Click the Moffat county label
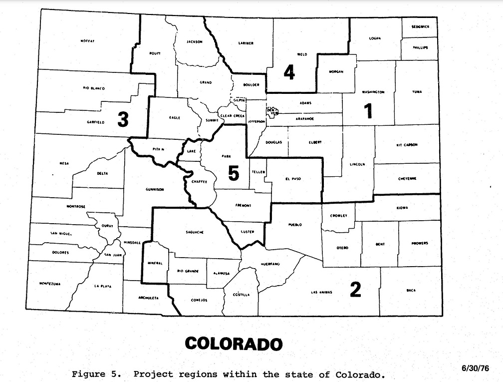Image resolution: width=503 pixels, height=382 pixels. click(87, 41)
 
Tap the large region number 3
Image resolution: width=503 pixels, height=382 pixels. click(123, 119)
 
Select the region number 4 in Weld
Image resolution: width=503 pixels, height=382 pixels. click(289, 73)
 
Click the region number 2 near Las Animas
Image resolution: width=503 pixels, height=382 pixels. click(355, 290)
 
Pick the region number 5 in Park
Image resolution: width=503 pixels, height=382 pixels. click(234, 173)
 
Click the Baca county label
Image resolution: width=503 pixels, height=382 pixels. click(411, 290)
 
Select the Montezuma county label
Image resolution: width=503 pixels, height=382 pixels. click(49, 284)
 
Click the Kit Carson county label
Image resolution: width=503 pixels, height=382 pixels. click(407, 145)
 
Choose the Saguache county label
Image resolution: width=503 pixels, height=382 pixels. click(194, 232)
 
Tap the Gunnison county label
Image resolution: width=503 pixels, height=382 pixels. click(155, 189)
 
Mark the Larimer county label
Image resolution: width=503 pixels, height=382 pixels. click(246, 43)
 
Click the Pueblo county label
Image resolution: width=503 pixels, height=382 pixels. click(295, 225)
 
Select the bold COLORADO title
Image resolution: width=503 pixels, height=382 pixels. click(234, 344)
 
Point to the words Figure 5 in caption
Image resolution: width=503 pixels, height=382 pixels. click(95, 374)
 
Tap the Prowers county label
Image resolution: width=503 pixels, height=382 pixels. click(420, 243)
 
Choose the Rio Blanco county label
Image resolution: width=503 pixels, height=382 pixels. click(94, 88)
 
